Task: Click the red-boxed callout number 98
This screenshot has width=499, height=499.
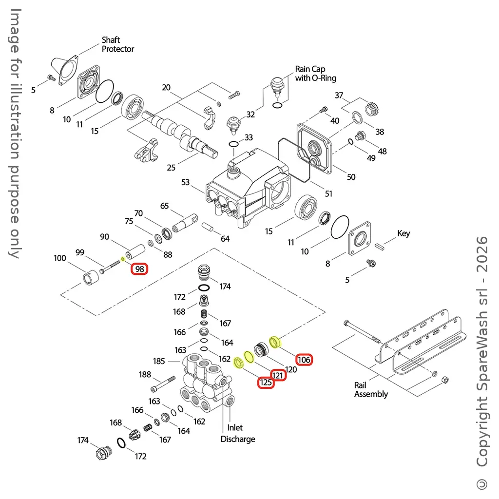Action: [x=139, y=269]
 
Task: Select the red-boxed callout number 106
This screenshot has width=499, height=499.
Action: [x=304, y=360]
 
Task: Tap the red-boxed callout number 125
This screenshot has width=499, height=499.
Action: [x=266, y=383]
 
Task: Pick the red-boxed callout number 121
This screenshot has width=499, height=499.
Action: [x=278, y=375]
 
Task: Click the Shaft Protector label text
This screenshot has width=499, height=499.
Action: [x=117, y=44]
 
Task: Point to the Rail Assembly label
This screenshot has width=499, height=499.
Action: [x=371, y=390]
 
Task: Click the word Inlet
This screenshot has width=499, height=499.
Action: [x=235, y=427]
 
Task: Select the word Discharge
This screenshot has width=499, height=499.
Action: [x=238, y=439]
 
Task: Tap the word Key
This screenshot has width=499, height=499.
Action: [x=403, y=233]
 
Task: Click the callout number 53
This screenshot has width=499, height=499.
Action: [x=185, y=182]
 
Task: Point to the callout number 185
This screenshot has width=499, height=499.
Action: [x=159, y=362]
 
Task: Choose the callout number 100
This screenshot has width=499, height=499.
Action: [x=60, y=258]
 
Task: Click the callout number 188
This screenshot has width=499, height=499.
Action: [x=145, y=374]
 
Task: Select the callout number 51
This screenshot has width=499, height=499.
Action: [x=328, y=193]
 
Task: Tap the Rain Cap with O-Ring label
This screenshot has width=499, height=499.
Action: [x=315, y=74]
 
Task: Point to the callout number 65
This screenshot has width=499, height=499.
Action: [x=164, y=206]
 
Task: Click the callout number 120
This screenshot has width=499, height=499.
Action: [x=291, y=369]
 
